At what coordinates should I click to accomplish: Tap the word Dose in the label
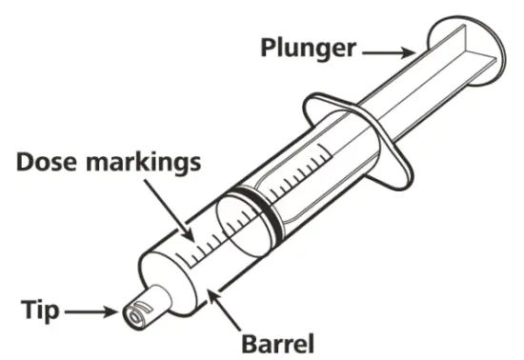point(47,161)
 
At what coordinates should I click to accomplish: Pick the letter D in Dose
point(24,161)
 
